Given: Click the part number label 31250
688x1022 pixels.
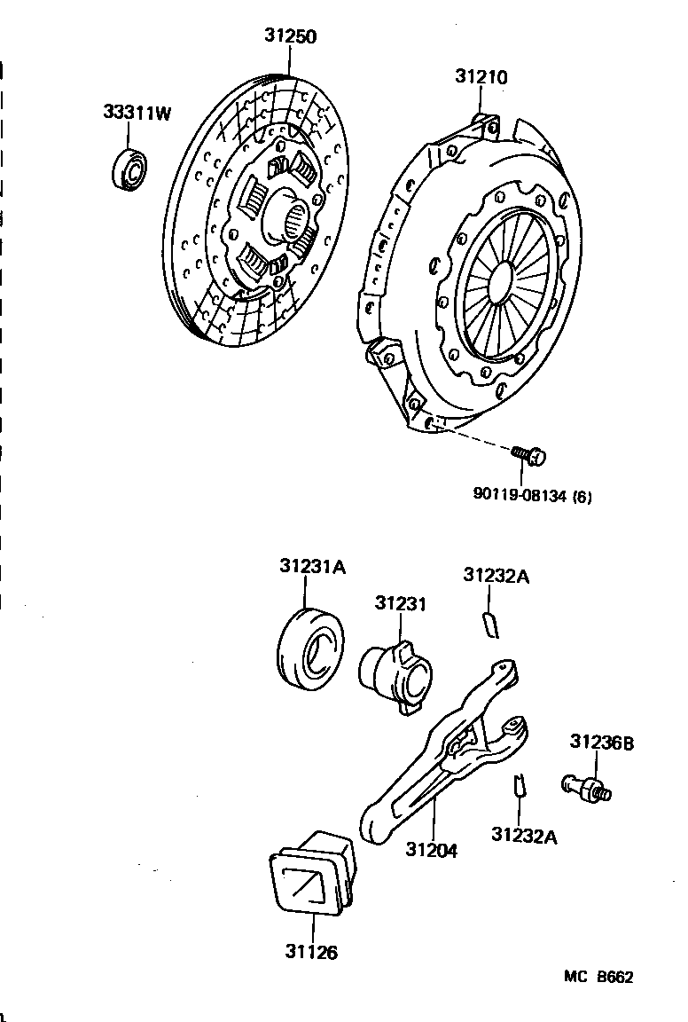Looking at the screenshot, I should pos(290,36).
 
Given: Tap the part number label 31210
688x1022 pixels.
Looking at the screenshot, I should pos(481,77).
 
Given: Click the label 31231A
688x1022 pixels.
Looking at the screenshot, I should pos(311,567).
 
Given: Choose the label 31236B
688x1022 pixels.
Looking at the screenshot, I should pos(601,743).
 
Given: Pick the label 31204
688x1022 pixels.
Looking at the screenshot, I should pos(432,849).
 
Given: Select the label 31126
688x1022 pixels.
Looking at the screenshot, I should pos(311,952).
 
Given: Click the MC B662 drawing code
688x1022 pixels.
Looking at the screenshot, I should pos(598,977).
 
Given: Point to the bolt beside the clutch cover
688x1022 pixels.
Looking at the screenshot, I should pos(529,455).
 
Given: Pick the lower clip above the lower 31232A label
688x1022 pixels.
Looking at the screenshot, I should pos(521,783).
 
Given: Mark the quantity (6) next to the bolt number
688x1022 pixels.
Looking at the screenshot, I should pos(582,496).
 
